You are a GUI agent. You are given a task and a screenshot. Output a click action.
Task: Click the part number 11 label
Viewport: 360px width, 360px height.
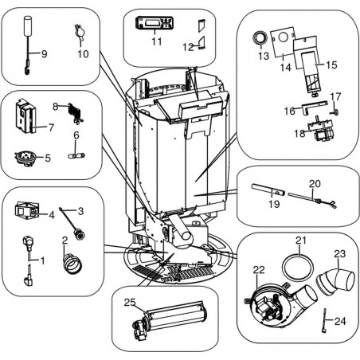tap(157, 41)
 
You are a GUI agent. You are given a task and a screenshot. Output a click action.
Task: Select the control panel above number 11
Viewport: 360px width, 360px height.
tap(155, 23)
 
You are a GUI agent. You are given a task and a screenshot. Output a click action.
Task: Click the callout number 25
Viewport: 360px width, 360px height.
tap(130, 302)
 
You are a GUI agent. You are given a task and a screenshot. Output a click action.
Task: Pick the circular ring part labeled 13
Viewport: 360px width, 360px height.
tap(260, 37)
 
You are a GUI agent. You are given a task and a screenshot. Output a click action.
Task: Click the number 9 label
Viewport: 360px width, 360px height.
tap(44, 54)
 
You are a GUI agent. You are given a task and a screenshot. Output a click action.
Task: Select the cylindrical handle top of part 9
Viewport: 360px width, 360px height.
tap(28, 25)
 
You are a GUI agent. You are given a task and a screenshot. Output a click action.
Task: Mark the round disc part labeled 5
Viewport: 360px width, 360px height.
tap(23, 158)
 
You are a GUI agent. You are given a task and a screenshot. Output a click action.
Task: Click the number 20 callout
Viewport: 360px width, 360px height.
tap(315, 183)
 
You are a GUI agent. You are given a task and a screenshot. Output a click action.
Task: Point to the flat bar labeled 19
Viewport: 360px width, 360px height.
tap(268, 190)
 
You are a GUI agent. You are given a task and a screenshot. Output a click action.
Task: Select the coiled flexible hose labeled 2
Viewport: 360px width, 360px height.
tap(72, 264)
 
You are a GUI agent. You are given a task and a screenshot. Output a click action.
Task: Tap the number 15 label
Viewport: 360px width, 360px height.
tap(331, 65)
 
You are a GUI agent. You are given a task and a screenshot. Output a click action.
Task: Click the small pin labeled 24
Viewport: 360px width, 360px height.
tap(324, 320)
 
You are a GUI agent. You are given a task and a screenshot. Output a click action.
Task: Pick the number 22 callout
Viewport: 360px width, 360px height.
tap(259, 270)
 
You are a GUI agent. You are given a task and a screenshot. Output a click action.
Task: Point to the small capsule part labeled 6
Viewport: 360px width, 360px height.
tap(76, 155)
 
